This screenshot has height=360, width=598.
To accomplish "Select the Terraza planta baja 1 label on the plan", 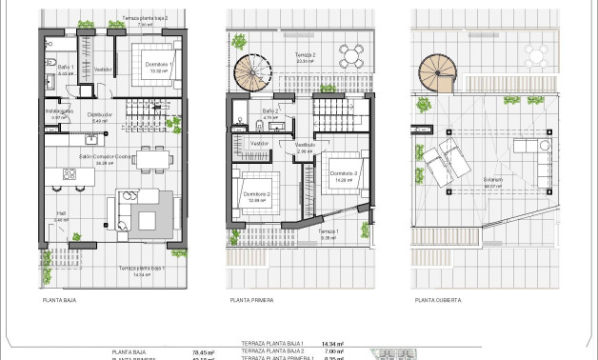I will pos(142,270).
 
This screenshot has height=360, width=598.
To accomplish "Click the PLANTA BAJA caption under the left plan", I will pos(59,300).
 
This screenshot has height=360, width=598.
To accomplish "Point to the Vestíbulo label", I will pos(305,145).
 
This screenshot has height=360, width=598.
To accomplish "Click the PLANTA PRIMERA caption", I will pos(251,300).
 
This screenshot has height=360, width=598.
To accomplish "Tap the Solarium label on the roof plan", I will pos(491,181).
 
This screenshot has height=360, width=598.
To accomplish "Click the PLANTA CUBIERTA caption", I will pos(437,300).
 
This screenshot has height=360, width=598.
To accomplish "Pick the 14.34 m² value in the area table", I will pos(331,343).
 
